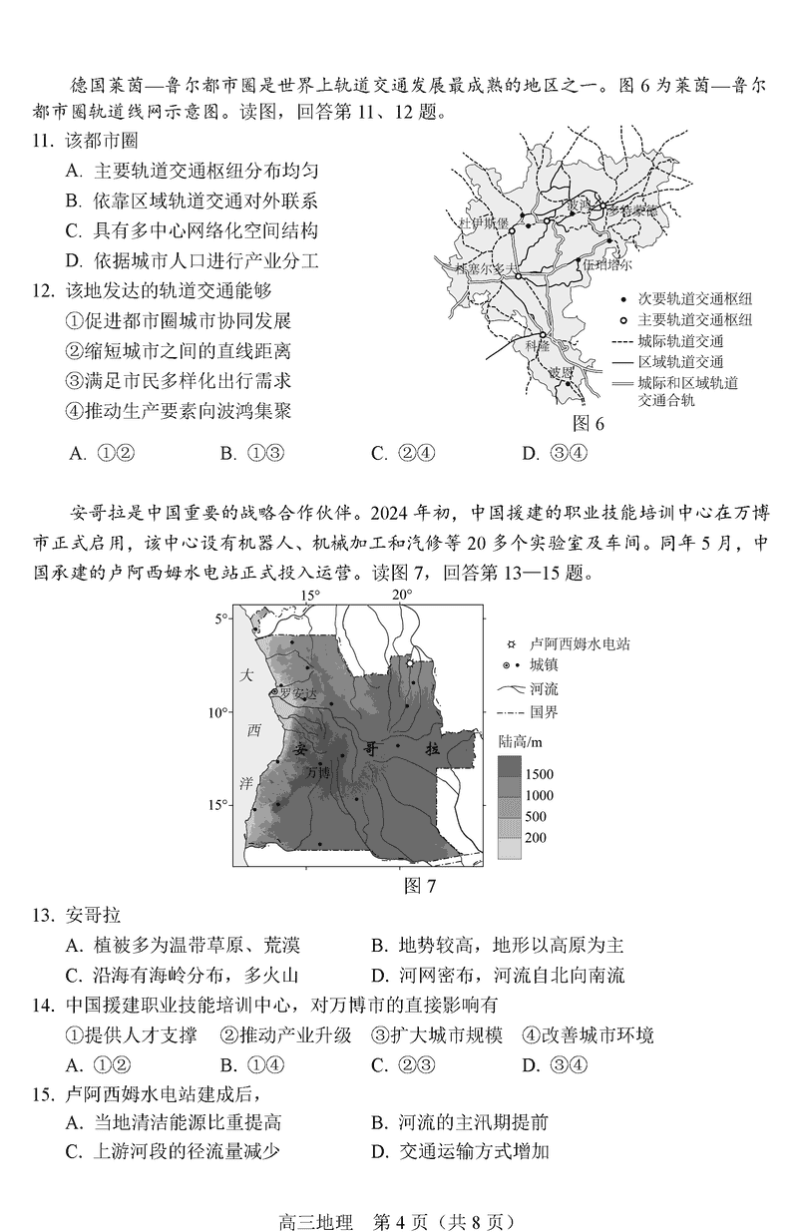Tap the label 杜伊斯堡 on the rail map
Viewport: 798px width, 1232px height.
click(482, 222)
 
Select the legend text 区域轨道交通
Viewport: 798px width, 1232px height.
click(682, 362)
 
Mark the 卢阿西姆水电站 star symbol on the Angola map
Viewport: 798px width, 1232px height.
click(409, 661)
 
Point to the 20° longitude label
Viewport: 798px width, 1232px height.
click(401, 596)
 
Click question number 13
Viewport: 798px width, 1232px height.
click(41, 916)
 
